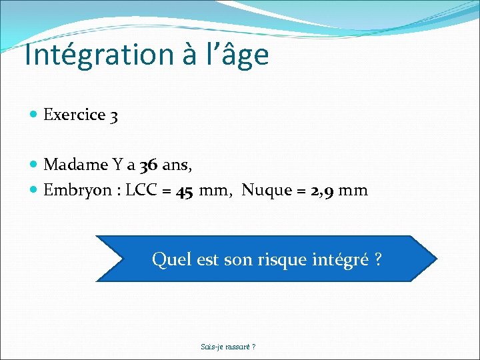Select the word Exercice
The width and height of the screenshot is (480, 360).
click(x=75, y=115)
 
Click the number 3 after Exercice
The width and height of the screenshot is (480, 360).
click(x=115, y=115)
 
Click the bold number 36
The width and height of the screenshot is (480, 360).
click(x=149, y=164)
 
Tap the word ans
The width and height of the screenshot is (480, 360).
click(x=172, y=165)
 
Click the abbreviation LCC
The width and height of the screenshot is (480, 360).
click(x=141, y=191)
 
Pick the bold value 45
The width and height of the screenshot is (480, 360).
click(x=185, y=191)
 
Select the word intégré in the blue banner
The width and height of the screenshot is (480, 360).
click(x=340, y=259)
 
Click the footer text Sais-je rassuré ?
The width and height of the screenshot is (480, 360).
click(x=228, y=347)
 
